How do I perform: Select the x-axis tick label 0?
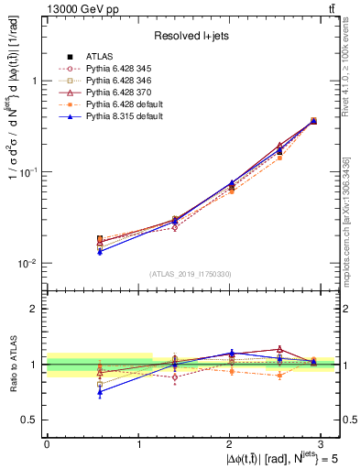[47, 442]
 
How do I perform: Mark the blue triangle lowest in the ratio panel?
[100, 391]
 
